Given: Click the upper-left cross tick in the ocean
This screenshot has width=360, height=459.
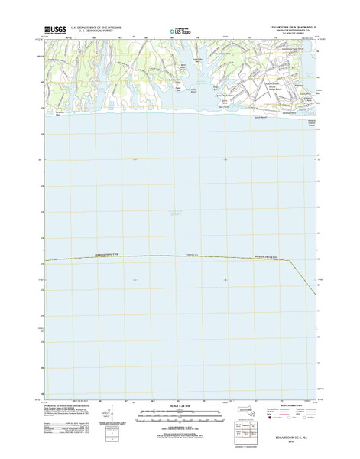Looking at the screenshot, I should [135, 159].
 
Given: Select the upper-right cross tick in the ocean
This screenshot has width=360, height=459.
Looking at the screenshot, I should [225, 159].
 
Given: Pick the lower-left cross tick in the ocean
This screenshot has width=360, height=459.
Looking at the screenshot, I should [135, 279].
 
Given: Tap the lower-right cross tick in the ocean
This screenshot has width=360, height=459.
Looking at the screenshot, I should [225, 279].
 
